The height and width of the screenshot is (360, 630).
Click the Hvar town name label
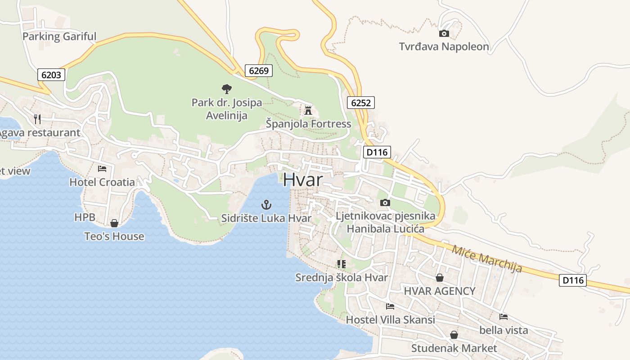[x=303, y=180]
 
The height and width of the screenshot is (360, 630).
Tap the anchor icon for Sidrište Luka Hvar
[x=266, y=205]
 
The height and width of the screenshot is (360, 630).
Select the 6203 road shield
[x=51, y=75]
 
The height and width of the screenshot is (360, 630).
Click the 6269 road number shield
[x=259, y=70]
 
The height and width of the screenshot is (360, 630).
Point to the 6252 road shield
[x=361, y=103]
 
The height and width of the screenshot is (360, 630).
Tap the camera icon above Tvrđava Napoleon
[x=444, y=33]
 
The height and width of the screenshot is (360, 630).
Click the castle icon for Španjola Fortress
[x=308, y=110]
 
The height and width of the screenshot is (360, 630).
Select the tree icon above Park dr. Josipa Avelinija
[x=227, y=89]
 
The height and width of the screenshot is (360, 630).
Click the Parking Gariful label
[x=59, y=36]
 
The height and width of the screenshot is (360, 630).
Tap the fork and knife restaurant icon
[x=37, y=119]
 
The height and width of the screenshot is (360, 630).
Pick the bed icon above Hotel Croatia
[x=102, y=169]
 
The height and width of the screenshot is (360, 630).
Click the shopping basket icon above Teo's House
[x=114, y=223]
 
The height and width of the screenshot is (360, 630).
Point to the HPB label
[x=85, y=217]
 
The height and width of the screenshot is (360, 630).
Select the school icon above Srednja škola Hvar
[x=341, y=264]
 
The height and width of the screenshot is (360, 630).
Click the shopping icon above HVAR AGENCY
[x=439, y=278]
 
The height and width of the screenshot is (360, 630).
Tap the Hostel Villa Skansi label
[x=390, y=319]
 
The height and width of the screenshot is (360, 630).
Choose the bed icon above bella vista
[x=504, y=317]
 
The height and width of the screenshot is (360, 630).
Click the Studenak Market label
[x=454, y=348]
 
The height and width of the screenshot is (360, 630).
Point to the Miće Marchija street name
[x=487, y=259]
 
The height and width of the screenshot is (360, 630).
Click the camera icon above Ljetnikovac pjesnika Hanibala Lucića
[x=385, y=202]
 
